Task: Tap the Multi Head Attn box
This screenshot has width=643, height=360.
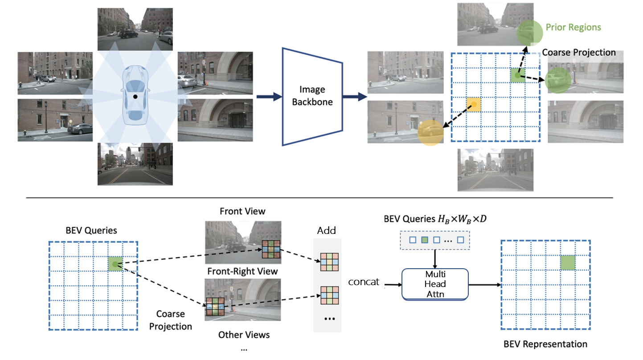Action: point(435,284)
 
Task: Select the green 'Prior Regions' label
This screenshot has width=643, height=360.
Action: point(573,28)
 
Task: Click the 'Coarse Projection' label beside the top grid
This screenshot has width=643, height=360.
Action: point(578,53)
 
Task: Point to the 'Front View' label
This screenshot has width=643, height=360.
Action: point(242,211)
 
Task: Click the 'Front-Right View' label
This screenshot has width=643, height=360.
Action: point(242,271)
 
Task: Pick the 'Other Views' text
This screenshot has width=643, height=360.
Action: point(244,334)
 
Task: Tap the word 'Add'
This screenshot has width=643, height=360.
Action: point(327,230)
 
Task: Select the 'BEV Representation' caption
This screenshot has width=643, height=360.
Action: point(545,344)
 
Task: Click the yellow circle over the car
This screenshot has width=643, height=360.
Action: point(430,132)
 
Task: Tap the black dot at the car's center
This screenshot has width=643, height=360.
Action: point(135,96)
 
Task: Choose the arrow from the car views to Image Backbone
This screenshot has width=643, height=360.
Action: point(266,96)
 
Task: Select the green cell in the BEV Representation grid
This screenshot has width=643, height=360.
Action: point(567,263)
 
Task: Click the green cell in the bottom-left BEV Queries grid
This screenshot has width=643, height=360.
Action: point(115,264)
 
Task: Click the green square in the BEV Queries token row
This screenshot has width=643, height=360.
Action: point(425,240)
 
